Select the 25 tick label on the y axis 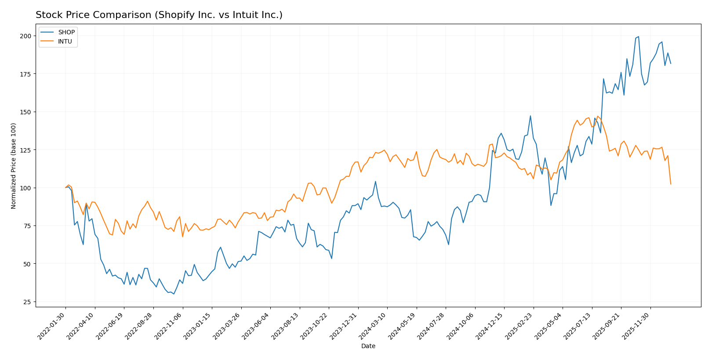coord(27,302)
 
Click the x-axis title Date coord(368,346)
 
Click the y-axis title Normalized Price coord(14,166)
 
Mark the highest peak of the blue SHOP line coord(639,36)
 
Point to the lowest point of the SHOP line coord(174,294)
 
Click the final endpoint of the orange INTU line coord(671,184)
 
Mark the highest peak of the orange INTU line coord(598,116)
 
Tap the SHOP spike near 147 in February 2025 coord(530,116)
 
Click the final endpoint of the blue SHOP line coord(671,64)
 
